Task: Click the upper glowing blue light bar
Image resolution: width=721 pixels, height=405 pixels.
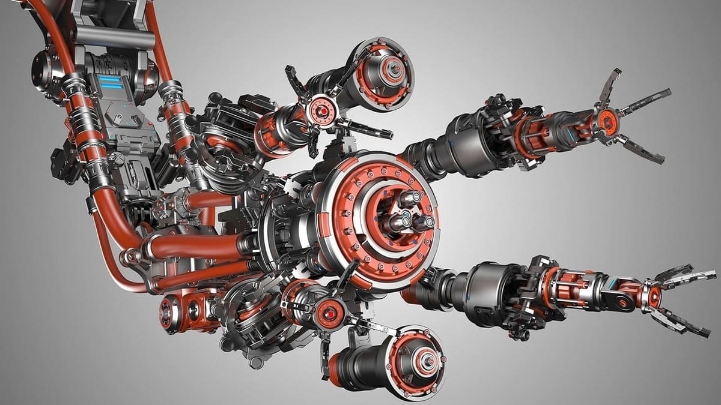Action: (109, 78)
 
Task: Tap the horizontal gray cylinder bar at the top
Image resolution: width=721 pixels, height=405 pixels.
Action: (114, 39)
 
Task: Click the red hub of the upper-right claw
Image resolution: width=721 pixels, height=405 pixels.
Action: (606, 122)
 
